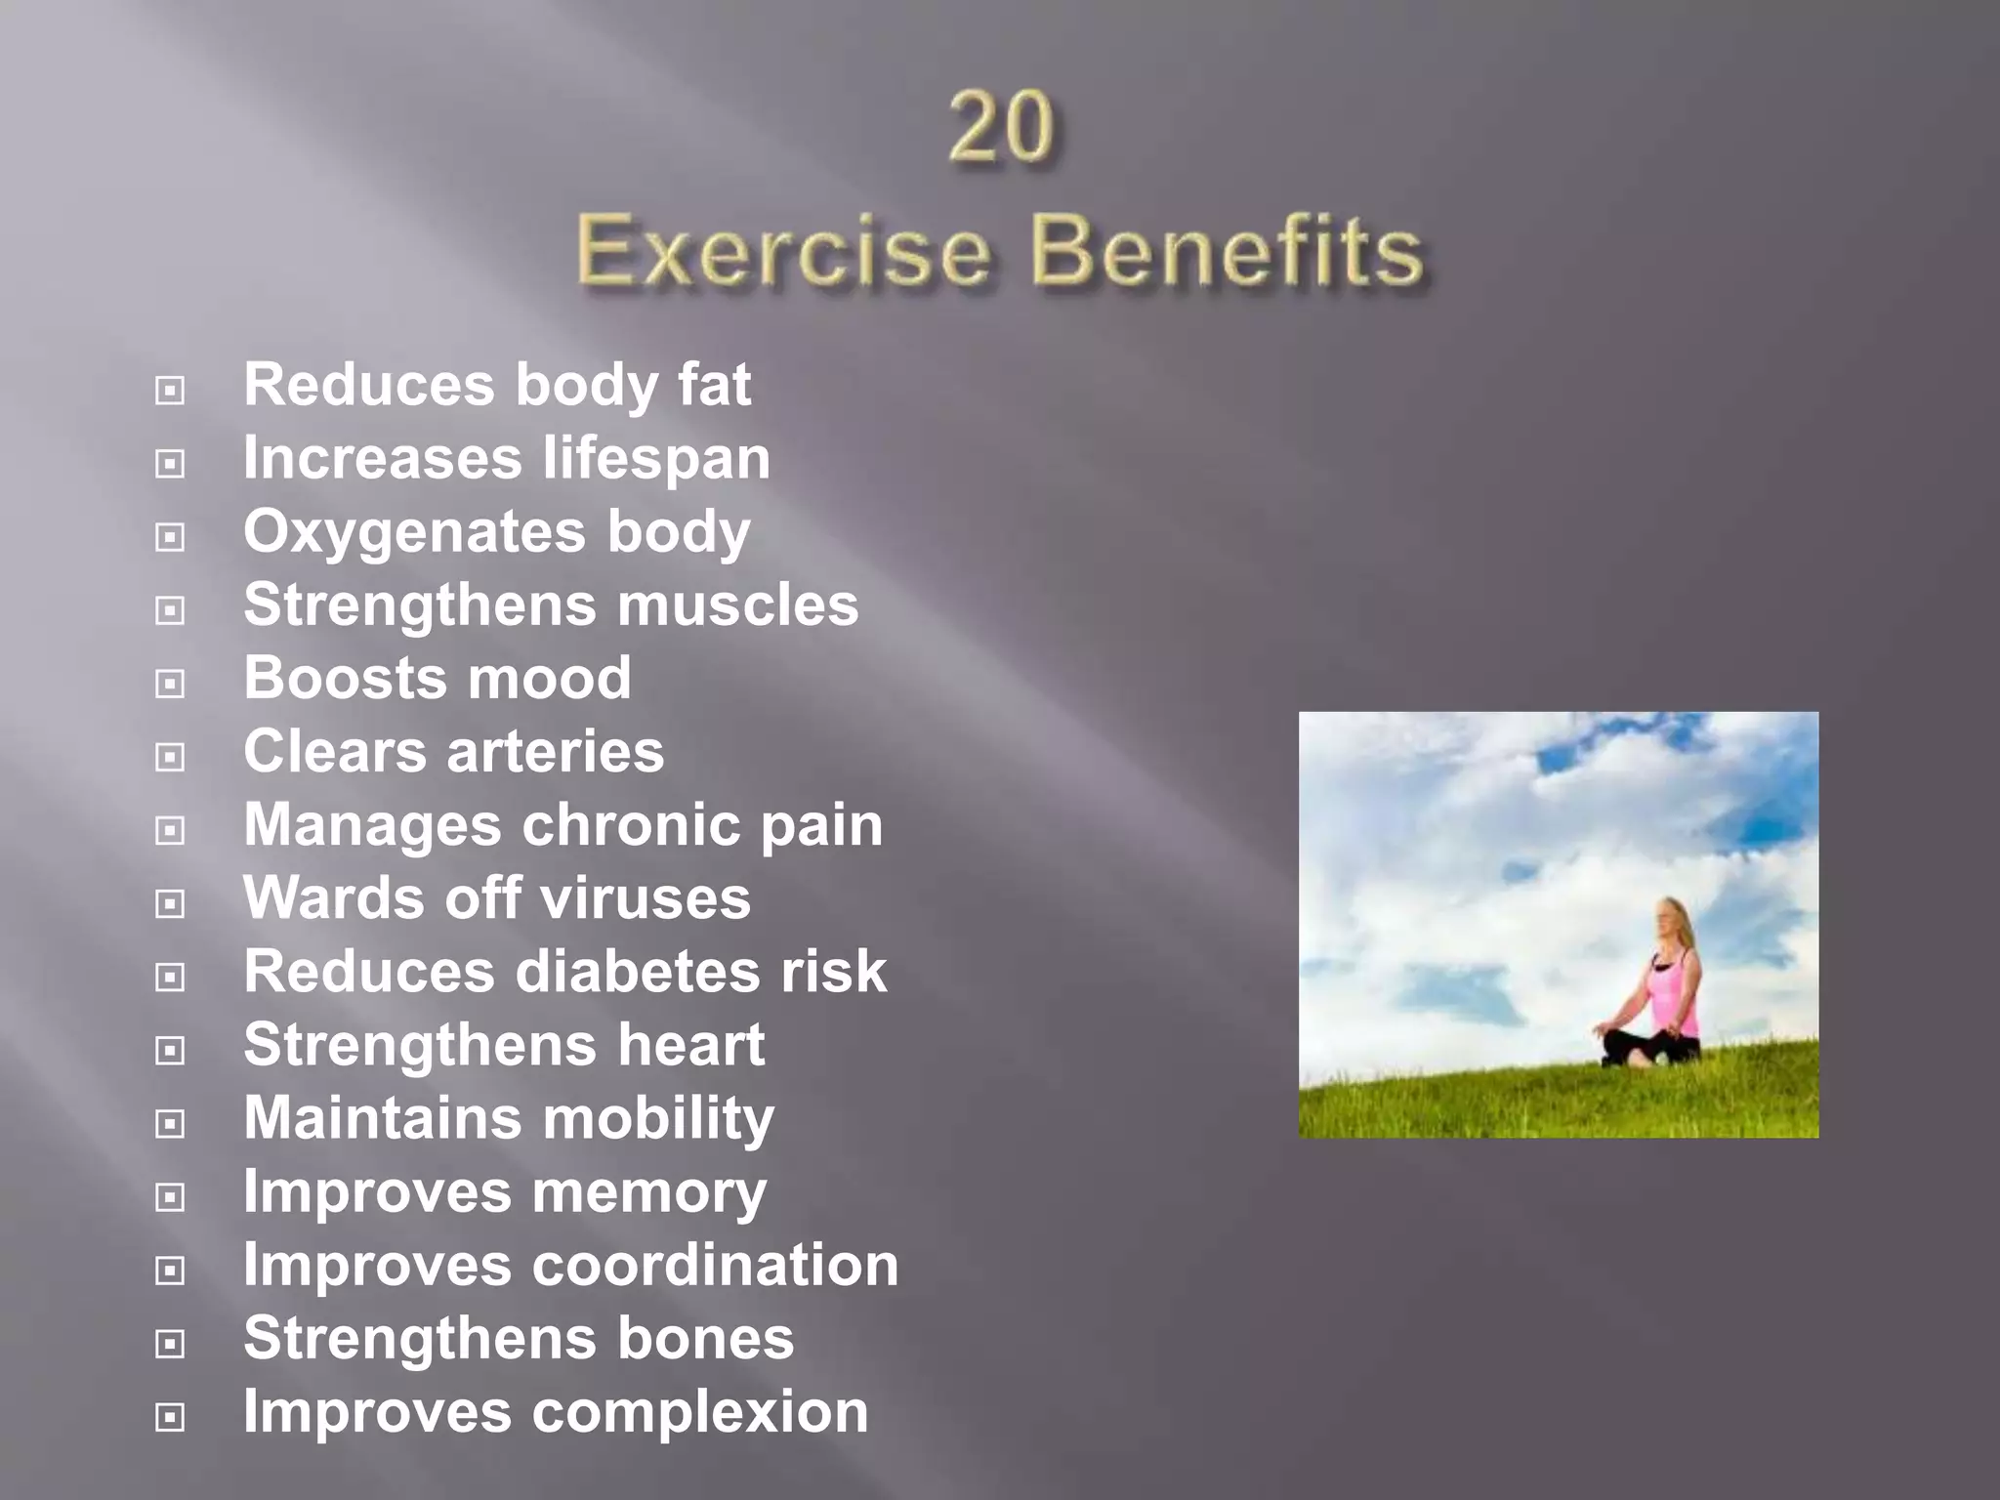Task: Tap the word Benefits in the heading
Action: pos(1227,252)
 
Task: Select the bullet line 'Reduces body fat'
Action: pos(497,385)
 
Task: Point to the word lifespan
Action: pos(657,459)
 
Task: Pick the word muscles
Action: pos(737,605)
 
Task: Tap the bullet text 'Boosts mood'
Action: pos(437,678)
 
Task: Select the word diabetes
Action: pos(638,972)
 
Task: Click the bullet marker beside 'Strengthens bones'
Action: pos(170,1345)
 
